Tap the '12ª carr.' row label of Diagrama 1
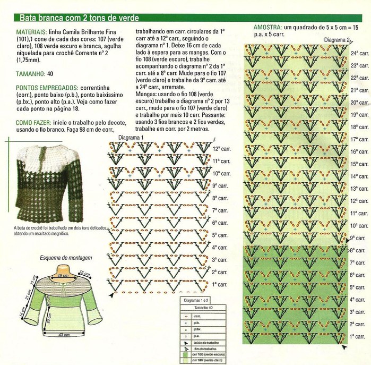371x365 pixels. pos(221,149)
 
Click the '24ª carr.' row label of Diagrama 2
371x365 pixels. pos(360,54)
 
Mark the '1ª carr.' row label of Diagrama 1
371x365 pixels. pos(220,285)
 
